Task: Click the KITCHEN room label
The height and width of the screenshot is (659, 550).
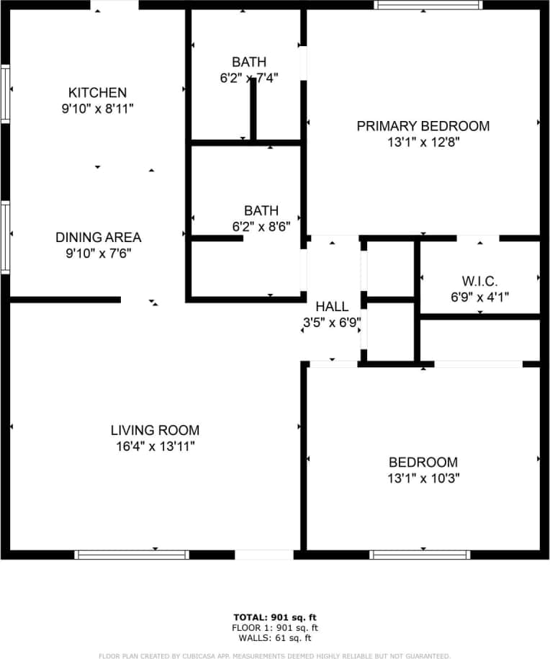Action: [97, 92]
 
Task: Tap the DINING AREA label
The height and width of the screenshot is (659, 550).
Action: [98, 237]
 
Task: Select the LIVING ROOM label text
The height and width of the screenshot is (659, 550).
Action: [155, 431]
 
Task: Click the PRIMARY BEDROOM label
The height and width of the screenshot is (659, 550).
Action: [423, 126]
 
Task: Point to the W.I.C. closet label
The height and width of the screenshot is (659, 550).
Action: [479, 280]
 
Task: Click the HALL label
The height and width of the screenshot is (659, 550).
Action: [332, 307]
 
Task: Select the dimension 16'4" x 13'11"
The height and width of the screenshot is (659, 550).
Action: [155, 447]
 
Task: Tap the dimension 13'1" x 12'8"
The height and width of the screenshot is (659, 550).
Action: [423, 142]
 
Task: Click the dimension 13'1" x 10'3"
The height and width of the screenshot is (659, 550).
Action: [423, 478]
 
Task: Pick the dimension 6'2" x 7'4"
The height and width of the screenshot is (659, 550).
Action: [249, 77]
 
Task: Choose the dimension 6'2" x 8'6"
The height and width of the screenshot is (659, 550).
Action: [261, 226]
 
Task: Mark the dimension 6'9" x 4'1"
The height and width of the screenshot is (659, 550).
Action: [479, 295]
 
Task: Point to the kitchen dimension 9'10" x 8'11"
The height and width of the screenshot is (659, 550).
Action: [97, 108]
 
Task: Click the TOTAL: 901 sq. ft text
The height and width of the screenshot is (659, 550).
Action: [274, 617]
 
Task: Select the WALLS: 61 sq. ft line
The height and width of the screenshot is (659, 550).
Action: [274, 637]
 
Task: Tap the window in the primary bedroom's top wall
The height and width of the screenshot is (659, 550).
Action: [428, 5]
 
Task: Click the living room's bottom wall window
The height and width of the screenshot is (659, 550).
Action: [132, 555]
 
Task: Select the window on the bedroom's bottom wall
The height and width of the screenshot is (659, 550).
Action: [420, 555]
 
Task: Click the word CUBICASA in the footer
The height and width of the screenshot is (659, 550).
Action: [245, 655]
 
